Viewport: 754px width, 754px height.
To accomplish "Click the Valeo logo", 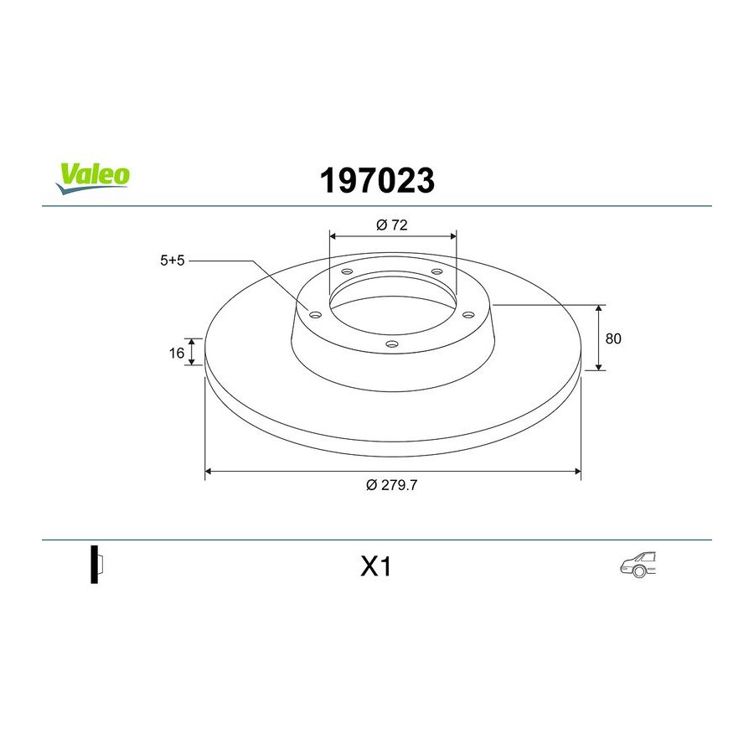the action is click(93, 178).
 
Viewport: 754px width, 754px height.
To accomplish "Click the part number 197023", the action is click(377, 181).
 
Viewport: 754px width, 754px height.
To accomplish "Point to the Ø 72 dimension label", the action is click(392, 225).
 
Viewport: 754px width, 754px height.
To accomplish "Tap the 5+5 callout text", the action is click(172, 261).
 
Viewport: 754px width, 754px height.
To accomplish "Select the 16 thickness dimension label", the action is click(177, 353).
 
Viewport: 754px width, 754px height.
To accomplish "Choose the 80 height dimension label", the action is click(613, 338).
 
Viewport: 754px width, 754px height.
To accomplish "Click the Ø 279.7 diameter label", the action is click(391, 485).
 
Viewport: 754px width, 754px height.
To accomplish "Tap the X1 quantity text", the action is click(376, 566).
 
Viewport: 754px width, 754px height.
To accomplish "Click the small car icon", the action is click(638, 565).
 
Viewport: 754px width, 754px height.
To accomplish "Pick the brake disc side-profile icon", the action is click(96, 565).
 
